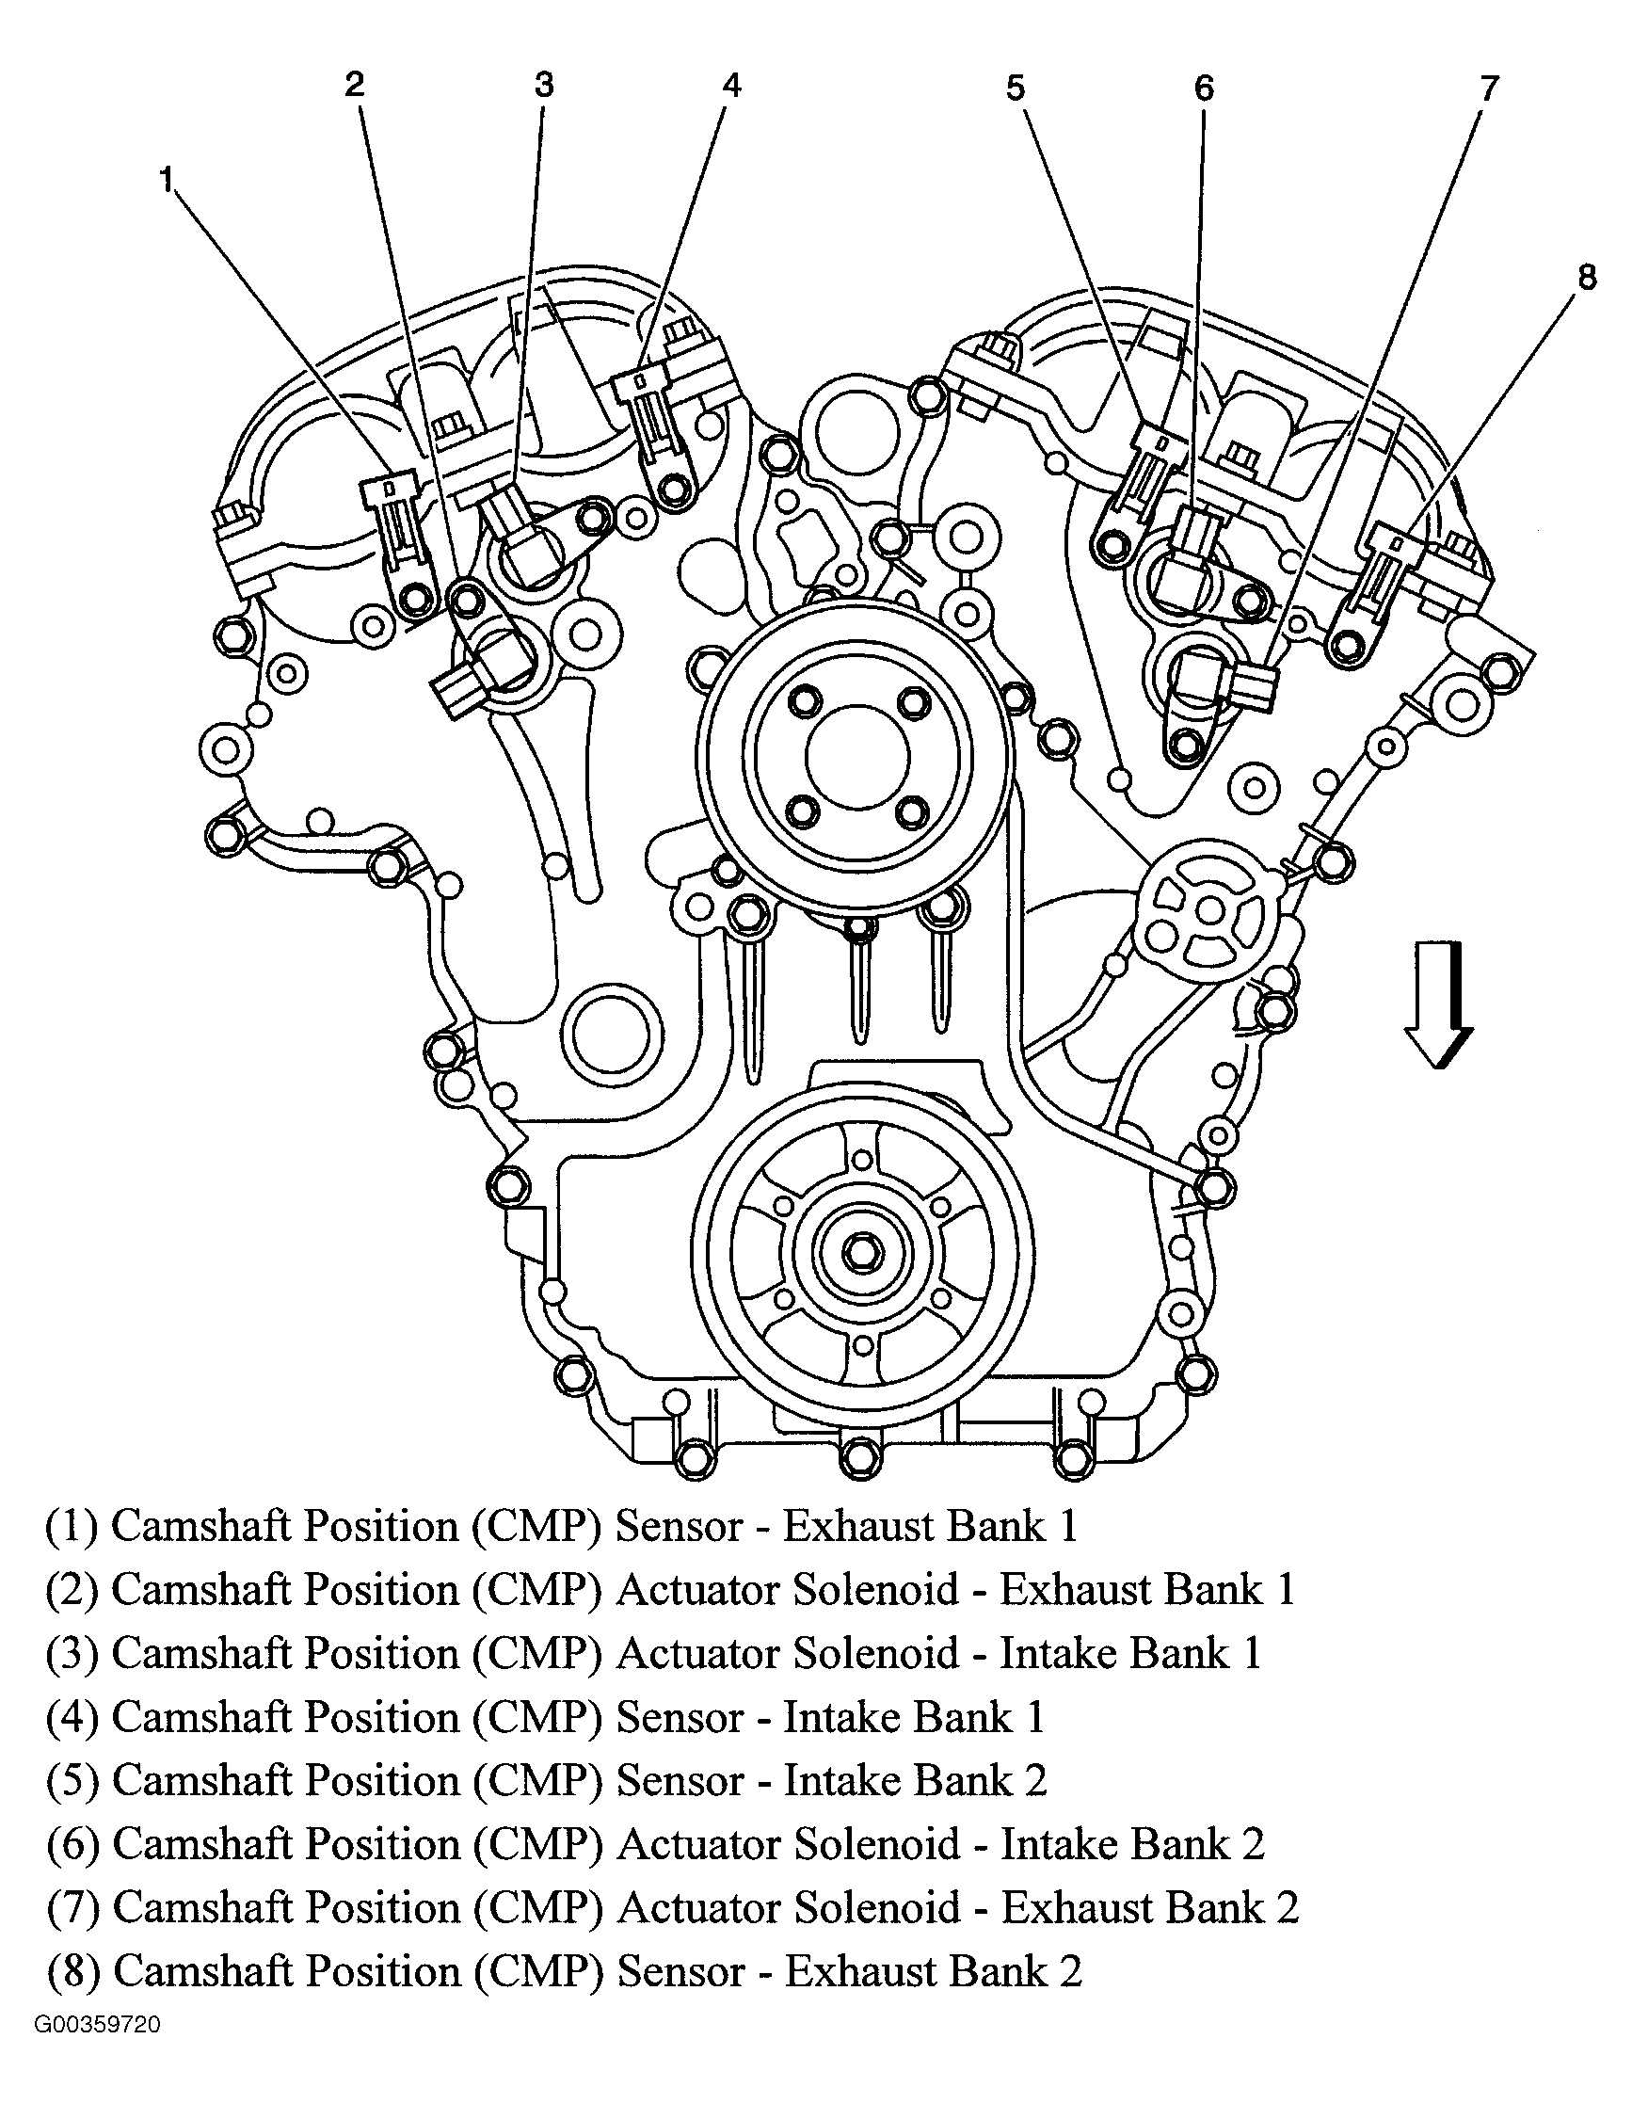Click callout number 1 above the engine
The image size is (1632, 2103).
click(x=168, y=180)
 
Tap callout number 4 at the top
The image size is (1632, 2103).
click(x=731, y=86)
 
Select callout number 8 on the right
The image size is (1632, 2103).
click(x=1587, y=278)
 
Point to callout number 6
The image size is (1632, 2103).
click(x=1204, y=88)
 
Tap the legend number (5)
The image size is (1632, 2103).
click(x=72, y=1781)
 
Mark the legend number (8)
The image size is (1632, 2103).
click(x=73, y=1972)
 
